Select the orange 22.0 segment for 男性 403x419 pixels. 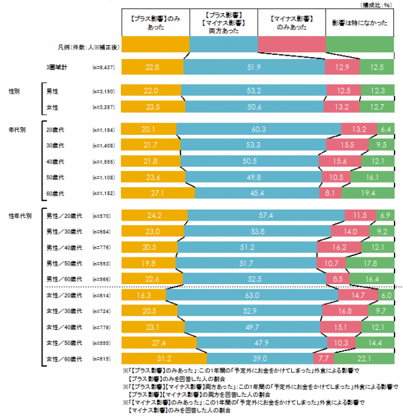[x=152, y=90]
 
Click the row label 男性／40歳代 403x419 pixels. [x=63, y=247]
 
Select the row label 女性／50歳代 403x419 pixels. [x=63, y=342]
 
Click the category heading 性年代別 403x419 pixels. [x=21, y=215]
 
